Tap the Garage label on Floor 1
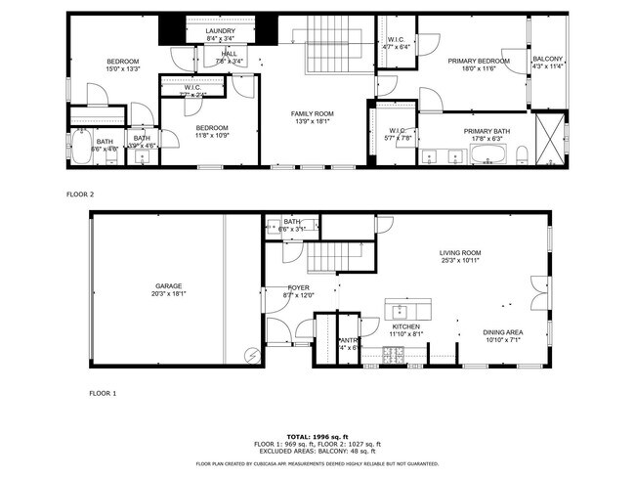point(168,285)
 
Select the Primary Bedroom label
point(479,62)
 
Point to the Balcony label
point(547,61)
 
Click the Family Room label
point(312,114)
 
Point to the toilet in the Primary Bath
point(521,154)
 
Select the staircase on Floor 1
point(330,259)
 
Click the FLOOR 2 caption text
point(80,195)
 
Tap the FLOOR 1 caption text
point(102,393)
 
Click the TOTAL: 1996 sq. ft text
point(317,435)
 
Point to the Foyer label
point(298,287)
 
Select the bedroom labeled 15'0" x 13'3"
point(123,65)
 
